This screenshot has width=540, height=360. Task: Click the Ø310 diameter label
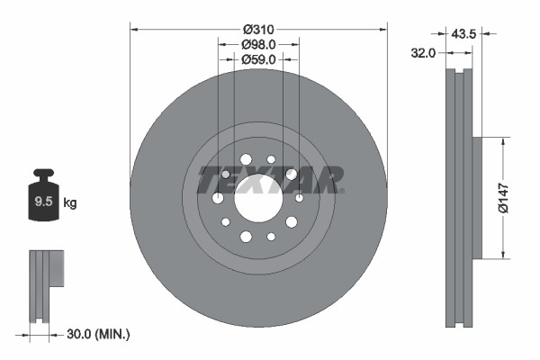click(x=259, y=29)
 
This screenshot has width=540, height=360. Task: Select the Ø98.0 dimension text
click(x=259, y=44)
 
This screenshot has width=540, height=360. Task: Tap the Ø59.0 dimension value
click(x=259, y=58)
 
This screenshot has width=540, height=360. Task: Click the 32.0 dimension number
click(x=422, y=53)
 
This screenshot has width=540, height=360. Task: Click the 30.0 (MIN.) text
click(x=98, y=335)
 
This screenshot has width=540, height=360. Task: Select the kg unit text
click(x=69, y=203)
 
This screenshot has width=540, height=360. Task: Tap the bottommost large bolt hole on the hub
click(x=246, y=237)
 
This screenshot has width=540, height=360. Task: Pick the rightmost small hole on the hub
click(x=300, y=197)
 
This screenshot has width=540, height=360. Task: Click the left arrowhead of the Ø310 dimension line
click(x=136, y=29)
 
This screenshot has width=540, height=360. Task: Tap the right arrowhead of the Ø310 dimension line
click(x=382, y=29)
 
